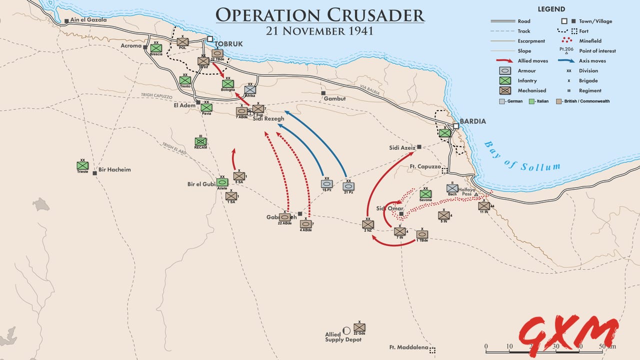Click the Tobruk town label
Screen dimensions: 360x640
point(229,44)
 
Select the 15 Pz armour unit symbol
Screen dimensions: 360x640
point(326,184)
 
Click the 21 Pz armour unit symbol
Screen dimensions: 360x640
point(348,186)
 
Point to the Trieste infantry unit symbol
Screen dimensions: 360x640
point(82,165)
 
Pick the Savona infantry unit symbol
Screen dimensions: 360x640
point(425,194)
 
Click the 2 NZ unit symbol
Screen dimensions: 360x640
point(368,224)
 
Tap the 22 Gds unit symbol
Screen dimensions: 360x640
point(359,327)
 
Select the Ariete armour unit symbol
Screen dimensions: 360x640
point(222,182)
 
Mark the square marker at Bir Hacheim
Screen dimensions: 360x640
point(94,173)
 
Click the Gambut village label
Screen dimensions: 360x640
point(334,99)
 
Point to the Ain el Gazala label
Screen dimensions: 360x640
point(88,20)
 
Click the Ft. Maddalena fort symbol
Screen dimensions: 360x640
point(432,350)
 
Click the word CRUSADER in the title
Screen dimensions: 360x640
point(370,15)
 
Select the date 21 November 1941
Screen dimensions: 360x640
point(320,31)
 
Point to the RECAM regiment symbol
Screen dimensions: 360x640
point(200,141)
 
